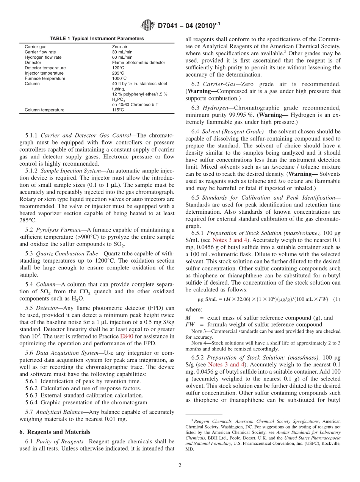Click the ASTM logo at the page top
[x=147, y=25]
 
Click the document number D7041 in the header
[x=169, y=26]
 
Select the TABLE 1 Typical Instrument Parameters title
[x=97, y=39]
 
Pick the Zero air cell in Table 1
[x=120, y=47]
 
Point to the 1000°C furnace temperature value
[x=119, y=78]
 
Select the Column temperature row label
[x=44, y=110]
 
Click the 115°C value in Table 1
[x=118, y=110]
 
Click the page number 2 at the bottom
[x=180, y=466]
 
